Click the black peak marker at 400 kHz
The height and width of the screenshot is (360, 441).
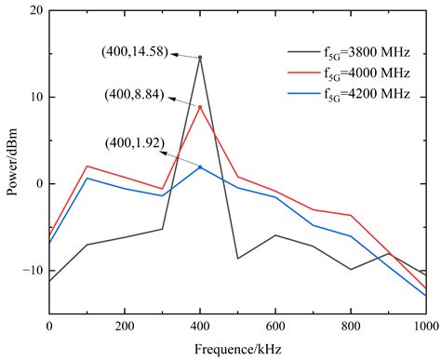(x=199, y=58)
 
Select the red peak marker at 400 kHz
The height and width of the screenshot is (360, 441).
(x=199, y=107)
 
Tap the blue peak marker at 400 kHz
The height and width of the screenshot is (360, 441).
(x=199, y=167)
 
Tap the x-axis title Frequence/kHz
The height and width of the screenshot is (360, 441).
(x=236, y=350)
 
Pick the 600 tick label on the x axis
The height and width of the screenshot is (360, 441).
(x=274, y=327)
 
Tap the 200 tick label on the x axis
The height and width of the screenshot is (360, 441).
(x=124, y=327)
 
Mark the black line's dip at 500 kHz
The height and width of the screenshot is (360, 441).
(x=237, y=258)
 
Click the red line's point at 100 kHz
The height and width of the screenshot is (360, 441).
(x=87, y=167)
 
